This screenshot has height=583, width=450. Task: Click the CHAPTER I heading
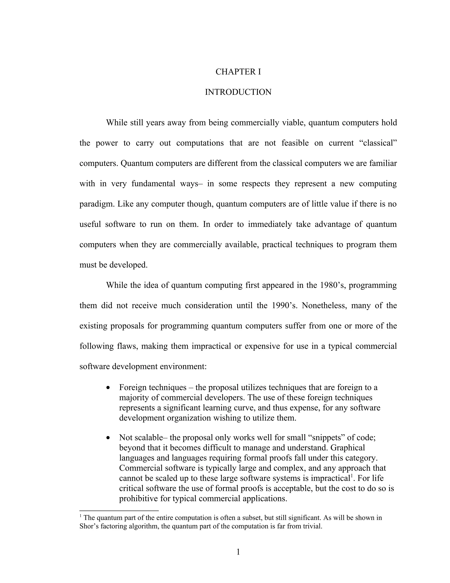(238, 72)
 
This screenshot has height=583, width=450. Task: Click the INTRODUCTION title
(238, 92)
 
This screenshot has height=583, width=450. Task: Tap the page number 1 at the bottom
(238, 552)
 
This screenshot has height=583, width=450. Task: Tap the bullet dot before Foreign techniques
(108, 388)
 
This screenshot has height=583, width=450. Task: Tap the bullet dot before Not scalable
(108, 438)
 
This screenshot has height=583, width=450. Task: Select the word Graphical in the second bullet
(348, 448)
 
